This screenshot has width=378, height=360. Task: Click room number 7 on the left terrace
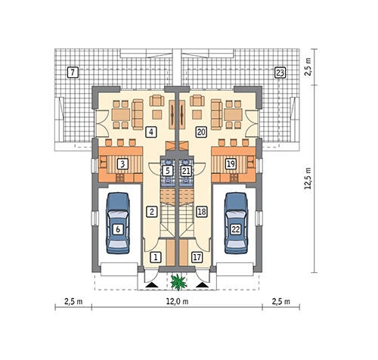coord(73,73)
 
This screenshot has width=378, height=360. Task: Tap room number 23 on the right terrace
coord(280,73)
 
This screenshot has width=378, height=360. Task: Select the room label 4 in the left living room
coord(151,132)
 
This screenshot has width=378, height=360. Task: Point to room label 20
coord(201,132)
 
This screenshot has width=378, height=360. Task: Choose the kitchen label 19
coord(231,164)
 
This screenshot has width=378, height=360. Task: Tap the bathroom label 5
coord(168,171)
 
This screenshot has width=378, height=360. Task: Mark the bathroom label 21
coord(186,171)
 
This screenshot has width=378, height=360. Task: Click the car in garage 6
coord(118,223)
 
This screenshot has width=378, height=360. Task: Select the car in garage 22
coord(236,223)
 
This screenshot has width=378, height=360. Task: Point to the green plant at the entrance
coord(179,281)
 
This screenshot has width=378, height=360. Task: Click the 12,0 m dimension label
coord(177,301)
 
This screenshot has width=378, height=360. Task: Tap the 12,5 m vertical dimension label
coord(308,178)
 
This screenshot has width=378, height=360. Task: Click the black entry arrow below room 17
coord(203,285)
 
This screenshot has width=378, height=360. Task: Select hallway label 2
coord(152,212)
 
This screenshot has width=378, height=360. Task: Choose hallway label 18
coord(202,212)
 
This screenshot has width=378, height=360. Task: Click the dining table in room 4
coord(121,115)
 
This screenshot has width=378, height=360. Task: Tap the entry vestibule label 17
coord(197,257)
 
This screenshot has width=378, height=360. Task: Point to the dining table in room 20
coord(233,115)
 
